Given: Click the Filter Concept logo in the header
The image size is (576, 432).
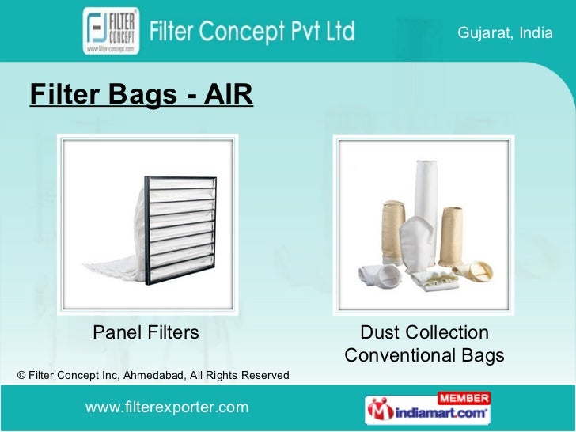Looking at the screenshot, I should pos(111,31).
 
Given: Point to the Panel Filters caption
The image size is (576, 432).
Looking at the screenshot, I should pos(146,332).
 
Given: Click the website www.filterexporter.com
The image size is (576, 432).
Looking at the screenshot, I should pos(166,407).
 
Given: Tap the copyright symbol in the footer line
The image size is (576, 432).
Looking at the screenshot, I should pos(21,374).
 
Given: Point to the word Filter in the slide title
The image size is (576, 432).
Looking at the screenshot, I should pos(63,95).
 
